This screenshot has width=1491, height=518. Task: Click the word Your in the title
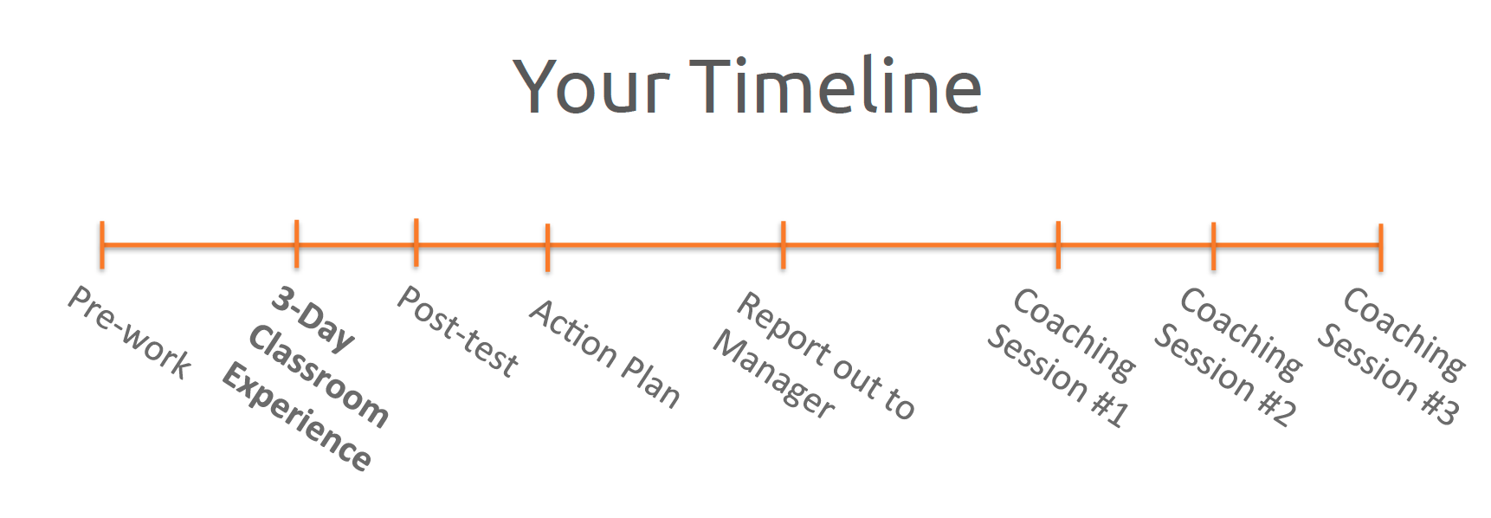point(592,86)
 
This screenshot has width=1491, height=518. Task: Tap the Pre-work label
point(130,333)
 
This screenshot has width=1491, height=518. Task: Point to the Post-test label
point(458,332)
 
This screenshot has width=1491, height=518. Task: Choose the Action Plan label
point(605,353)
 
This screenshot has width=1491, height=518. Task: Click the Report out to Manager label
point(814,356)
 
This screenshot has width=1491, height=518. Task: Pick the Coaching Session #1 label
point(1062,358)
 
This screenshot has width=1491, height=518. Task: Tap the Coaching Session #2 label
point(1228,357)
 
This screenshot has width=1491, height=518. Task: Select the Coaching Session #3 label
point(1391,356)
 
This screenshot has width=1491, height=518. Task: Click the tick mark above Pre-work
point(102,245)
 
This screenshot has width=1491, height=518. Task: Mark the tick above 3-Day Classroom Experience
point(296,243)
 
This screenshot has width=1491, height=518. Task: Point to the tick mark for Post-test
point(416,243)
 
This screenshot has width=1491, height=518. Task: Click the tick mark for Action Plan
point(547,248)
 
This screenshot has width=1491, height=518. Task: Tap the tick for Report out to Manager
point(783,245)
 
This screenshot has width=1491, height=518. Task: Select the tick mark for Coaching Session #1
point(1058,245)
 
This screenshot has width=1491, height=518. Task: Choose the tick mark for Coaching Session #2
point(1214,246)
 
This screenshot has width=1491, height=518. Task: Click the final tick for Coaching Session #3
point(1381,248)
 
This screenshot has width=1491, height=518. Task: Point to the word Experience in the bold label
point(297,418)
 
